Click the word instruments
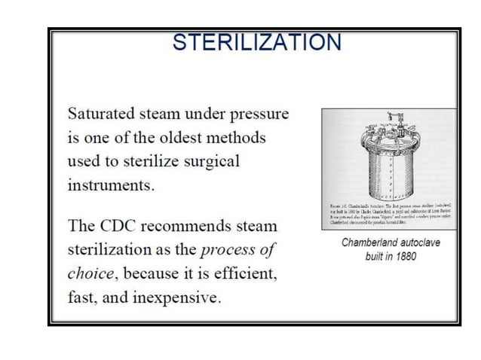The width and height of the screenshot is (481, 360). [x=111, y=185]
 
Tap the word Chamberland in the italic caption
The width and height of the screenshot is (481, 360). [x=364, y=243]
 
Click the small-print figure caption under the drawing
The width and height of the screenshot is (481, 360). [x=389, y=215]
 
